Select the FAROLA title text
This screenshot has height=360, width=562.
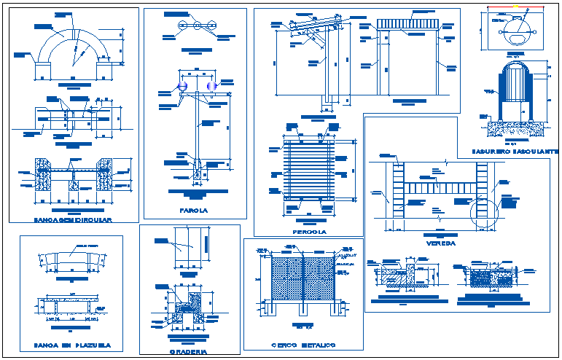(x=193, y=211)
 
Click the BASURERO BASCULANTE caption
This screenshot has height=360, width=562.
(x=515, y=151)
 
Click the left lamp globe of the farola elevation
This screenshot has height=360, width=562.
(x=182, y=87)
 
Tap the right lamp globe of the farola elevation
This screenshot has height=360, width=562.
(x=212, y=87)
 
